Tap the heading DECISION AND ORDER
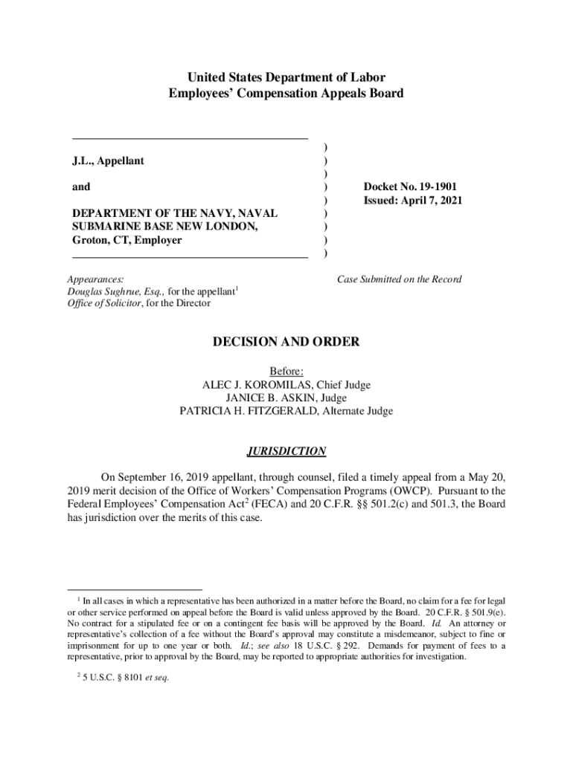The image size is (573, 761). click(x=286, y=342)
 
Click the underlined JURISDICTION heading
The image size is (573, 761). click(x=286, y=451)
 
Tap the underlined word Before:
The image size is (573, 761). click(x=286, y=371)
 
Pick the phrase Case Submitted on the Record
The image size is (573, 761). click(x=399, y=279)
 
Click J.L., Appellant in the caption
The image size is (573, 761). click(x=108, y=161)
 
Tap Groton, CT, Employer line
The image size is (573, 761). click(x=127, y=240)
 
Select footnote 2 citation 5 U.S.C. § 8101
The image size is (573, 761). click(x=118, y=677)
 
